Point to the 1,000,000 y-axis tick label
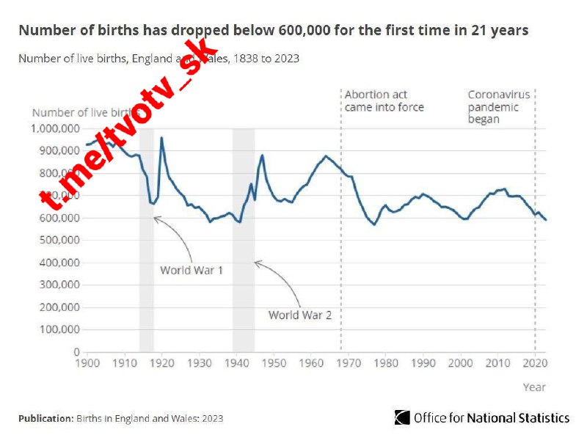55,128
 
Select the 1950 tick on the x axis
274,363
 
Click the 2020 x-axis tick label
535,363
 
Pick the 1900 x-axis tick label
87,363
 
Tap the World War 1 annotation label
192,270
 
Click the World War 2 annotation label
300,315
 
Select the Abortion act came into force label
384,101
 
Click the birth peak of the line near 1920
161,138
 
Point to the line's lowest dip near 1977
374,224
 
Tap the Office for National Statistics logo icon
402,418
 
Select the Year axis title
534,387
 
